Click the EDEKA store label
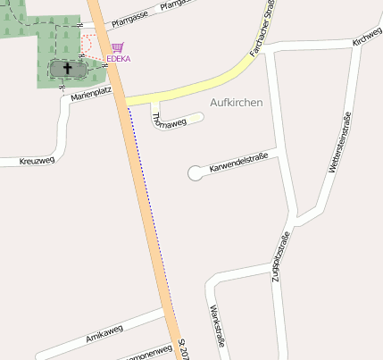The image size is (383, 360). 118,59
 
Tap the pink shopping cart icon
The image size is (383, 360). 118,48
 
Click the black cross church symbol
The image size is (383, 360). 68,68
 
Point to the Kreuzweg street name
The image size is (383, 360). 37,160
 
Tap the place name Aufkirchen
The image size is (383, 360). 236,103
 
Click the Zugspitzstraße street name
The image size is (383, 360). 279,257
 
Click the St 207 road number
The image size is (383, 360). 184,349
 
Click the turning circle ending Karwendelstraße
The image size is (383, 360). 196,173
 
